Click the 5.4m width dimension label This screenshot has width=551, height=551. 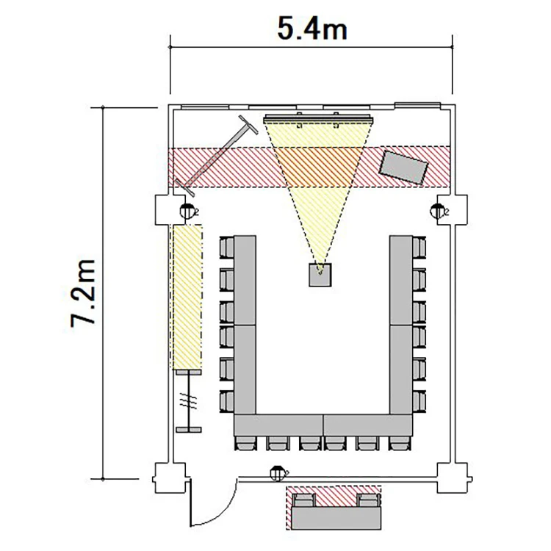coord(312,28)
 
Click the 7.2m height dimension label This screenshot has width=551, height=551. coord(83,293)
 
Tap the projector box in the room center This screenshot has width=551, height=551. coord(320,275)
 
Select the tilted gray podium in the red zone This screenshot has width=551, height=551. coord(403,168)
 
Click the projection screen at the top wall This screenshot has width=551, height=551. coord(318,120)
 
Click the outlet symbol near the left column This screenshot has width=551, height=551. coord(188,211)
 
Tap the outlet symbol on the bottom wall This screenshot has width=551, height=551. coord(278,474)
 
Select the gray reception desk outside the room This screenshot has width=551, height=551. coord(336,518)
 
